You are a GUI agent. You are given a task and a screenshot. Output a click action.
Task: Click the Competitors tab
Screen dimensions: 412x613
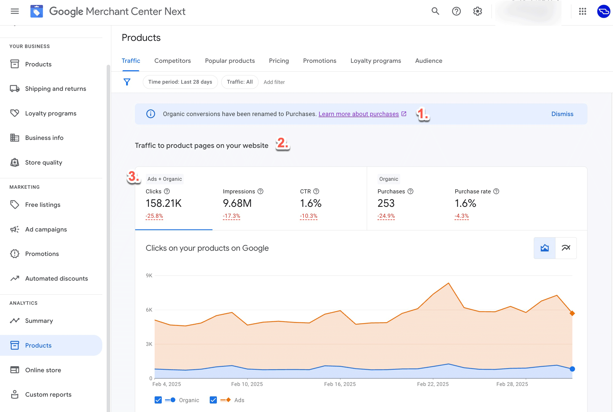(172, 61)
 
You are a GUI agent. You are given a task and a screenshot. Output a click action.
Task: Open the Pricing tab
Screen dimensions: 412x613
(279, 61)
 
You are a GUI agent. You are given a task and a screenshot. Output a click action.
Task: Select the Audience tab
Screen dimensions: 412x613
(428, 61)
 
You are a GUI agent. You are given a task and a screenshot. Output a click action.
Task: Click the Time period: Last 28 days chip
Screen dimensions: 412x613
(180, 82)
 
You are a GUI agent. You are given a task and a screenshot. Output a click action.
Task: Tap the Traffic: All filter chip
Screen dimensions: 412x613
(240, 82)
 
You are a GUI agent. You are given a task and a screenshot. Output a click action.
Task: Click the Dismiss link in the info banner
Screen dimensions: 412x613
(562, 114)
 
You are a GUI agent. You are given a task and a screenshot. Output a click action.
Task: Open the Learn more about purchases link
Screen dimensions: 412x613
(359, 114)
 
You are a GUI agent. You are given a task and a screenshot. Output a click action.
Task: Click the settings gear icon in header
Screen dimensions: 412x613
(477, 12)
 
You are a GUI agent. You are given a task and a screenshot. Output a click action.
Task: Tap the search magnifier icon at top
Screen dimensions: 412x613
(435, 12)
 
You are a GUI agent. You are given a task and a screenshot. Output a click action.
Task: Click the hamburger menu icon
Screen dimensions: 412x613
(15, 12)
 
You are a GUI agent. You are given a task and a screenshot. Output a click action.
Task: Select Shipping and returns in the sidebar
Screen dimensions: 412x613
(55, 89)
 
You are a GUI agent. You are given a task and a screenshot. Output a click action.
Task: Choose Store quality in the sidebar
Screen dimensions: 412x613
(44, 162)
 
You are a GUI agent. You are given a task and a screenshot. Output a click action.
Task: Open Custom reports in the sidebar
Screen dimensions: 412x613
(48, 394)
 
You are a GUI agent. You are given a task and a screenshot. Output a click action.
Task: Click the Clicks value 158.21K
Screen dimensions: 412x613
(163, 203)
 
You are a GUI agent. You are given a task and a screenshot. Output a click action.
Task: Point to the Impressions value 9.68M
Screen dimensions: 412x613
(237, 203)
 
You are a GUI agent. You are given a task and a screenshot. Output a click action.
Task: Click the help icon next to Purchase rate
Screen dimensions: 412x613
(496, 191)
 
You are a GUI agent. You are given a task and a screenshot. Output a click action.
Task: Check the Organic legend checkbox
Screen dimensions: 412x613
(158, 400)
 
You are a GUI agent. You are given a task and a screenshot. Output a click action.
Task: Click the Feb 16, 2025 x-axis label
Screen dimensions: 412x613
(340, 384)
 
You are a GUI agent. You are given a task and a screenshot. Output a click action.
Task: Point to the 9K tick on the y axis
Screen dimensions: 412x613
(149, 275)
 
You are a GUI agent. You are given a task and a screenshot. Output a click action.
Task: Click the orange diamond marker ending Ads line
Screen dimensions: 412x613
(572, 313)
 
